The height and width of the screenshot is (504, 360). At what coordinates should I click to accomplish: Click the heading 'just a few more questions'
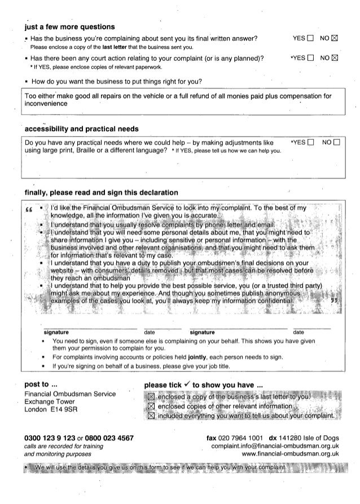[x=66, y=26]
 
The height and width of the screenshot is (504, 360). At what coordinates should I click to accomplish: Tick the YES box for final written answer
[x=308, y=38]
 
